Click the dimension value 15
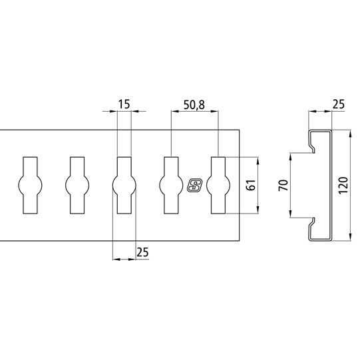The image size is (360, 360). point(124,104)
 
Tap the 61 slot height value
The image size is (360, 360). point(251,186)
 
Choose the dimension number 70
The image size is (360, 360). point(282,186)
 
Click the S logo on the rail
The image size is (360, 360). point(195,186)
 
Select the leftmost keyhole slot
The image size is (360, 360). point(31,186)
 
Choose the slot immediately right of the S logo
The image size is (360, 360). point(218,186)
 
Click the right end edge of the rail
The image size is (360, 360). point(238,186)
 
